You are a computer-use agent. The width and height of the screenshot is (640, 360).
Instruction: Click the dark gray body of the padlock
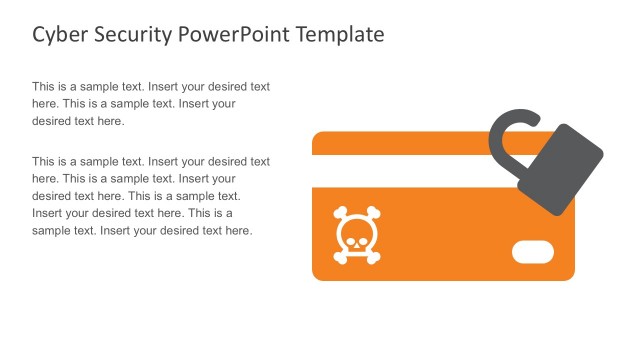[560, 171]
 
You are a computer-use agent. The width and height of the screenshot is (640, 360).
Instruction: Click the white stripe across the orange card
[410, 170]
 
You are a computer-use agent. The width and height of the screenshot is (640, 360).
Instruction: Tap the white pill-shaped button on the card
[532, 252]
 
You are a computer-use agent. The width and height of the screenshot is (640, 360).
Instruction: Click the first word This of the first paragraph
[44, 87]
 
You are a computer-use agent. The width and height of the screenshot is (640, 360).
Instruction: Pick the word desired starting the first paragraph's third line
[54, 121]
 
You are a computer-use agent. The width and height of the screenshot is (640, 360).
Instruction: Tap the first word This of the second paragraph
[44, 161]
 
